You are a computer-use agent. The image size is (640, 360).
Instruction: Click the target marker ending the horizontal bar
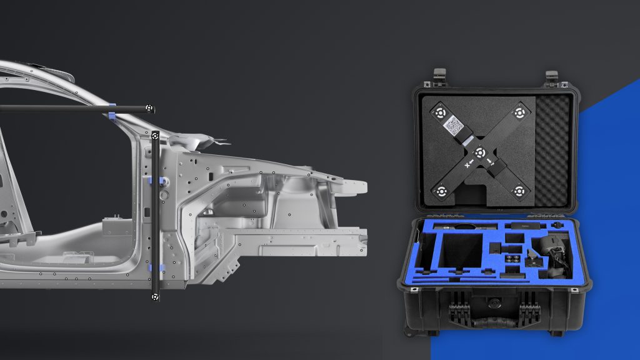pyautogui.click(x=149, y=108)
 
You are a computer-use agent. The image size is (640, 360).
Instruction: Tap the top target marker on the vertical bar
pyautogui.click(x=155, y=135)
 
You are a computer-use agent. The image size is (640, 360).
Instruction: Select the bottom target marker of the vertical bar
pyautogui.click(x=154, y=297)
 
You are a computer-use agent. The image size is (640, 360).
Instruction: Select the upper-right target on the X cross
pyautogui.click(x=519, y=114)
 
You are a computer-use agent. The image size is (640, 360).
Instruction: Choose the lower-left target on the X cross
pyautogui.click(x=441, y=190)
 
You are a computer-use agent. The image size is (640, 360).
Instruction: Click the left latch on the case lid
pyautogui.click(x=439, y=76)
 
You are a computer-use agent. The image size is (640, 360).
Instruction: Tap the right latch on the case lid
pyautogui.click(x=551, y=77)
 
